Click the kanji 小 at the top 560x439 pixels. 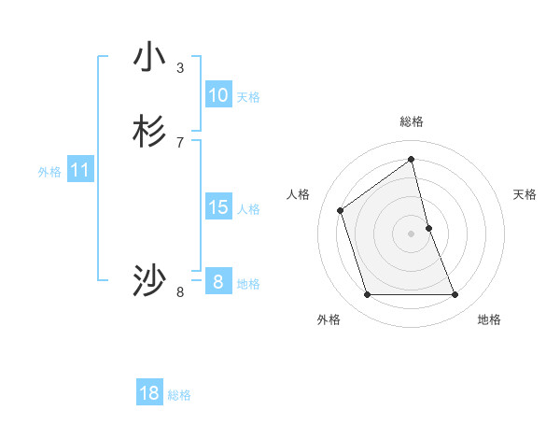(x=149, y=57)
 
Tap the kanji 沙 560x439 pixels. (x=149, y=280)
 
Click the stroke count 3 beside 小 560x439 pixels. (x=180, y=67)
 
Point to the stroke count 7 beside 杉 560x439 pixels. (x=180, y=143)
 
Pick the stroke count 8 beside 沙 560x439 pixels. (x=180, y=292)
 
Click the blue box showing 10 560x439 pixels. (x=218, y=95)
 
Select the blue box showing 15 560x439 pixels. (x=218, y=207)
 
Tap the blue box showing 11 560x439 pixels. (x=80, y=170)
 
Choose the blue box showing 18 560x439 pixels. (x=149, y=393)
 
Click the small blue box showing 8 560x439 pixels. (x=217, y=281)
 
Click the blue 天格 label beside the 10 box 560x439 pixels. (x=248, y=97)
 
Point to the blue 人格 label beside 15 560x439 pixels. (x=249, y=209)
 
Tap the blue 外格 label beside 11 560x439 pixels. (x=49, y=172)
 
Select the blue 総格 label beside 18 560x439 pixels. (x=179, y=395)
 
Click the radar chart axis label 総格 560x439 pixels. (x=412, y=121)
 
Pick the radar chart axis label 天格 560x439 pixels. (x=525, y=194)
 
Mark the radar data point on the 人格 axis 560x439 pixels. (x=341, y=210)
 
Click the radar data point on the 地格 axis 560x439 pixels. (x=455, y=295)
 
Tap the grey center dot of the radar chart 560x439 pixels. (x=412, y=234)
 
